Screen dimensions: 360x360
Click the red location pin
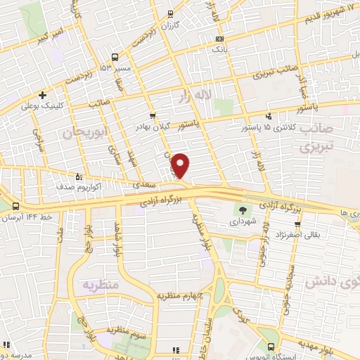point(181,165)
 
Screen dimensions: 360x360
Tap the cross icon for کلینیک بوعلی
point(43,95)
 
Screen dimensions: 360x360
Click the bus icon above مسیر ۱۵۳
point(114,58)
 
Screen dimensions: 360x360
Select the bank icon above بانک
point(220,39)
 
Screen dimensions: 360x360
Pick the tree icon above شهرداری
point(243,209)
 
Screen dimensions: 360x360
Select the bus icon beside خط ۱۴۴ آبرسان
point(15,206)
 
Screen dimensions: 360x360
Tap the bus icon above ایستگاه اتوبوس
point(271,346)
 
